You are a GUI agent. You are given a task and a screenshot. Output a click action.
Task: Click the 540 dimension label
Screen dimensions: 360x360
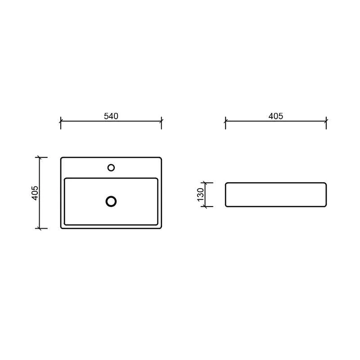[x=111, y=116]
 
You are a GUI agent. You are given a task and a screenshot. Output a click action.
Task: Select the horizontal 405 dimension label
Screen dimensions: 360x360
[x=276, y=116]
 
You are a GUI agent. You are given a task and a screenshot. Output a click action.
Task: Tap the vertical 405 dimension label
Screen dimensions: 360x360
[x=35, y=193]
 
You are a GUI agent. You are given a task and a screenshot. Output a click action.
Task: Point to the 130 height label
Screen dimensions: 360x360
[x=200, y=194]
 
